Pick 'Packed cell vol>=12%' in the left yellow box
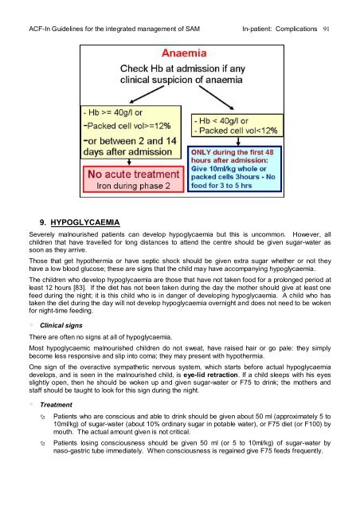click(x=127, y=132)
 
